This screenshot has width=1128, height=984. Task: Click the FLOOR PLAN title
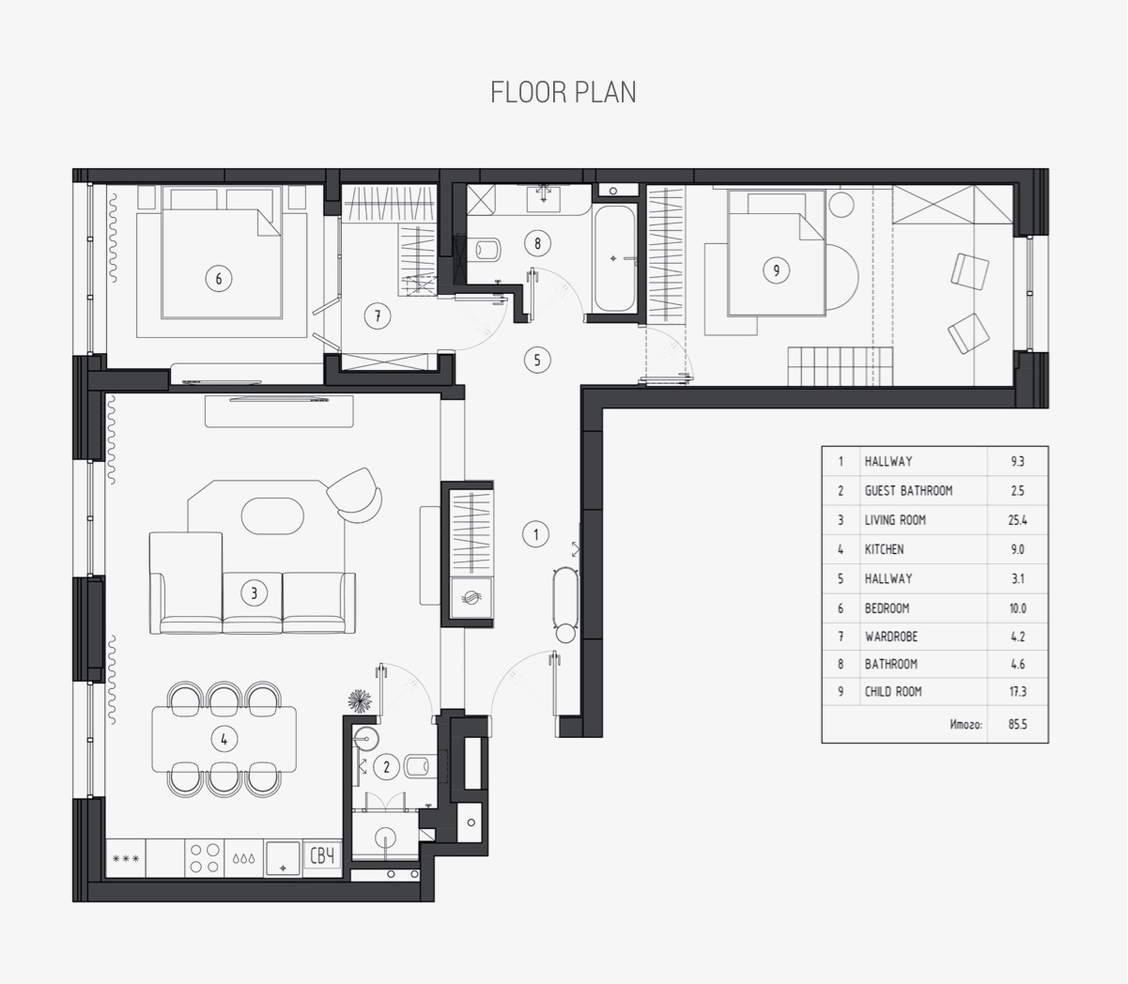(563, 92)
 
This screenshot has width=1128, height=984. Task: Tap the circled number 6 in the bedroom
(218, 279)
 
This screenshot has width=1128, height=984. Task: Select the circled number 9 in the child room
(776, 270)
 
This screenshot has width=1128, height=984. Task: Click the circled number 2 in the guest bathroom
(386, 767)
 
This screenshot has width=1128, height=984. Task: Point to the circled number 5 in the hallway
(537, 361)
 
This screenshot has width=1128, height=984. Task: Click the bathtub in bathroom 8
(614, 259)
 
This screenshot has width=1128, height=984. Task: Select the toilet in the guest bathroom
(419, 766)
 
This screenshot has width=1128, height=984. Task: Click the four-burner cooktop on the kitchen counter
(205, 858)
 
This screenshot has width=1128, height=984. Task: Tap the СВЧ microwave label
(322, 856)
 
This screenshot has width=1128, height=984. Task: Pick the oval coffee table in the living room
(272, 515)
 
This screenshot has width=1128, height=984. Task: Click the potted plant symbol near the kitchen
(360, 700)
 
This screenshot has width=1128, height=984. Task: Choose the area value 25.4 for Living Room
(1017, 519)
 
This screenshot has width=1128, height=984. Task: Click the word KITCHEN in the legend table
(885, 549)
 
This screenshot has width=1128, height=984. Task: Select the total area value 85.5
(1018, 724)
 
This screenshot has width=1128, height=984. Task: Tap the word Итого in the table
(966, 725)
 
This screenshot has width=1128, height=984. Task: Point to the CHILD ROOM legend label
(893, 691)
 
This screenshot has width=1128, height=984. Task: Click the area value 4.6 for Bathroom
(1018, 664)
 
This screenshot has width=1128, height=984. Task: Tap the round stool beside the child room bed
(842, 205)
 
